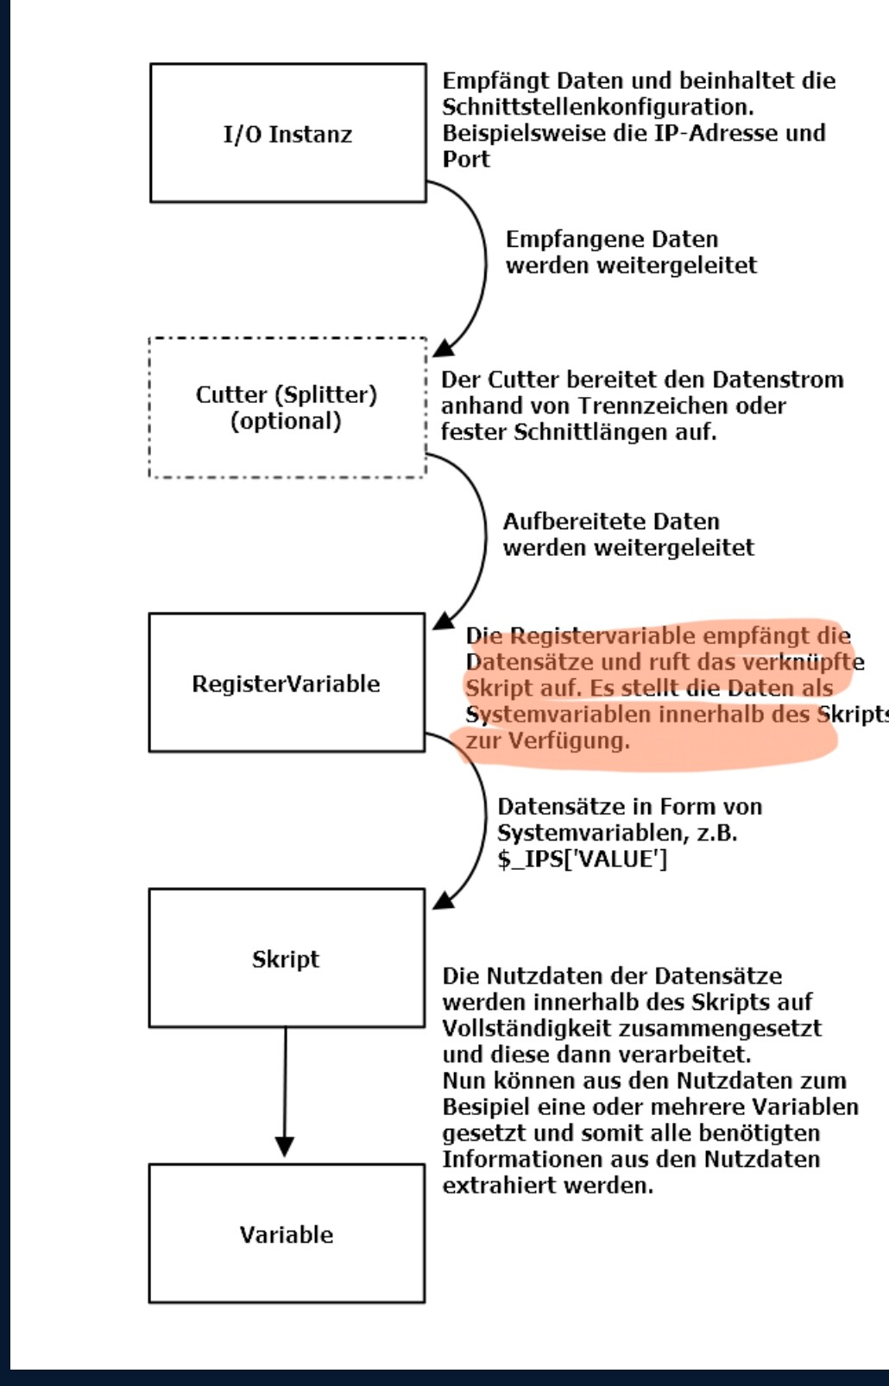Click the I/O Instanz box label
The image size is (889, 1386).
[287, 135]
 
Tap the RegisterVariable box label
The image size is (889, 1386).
[286, 684]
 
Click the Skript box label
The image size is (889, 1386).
[286, 959]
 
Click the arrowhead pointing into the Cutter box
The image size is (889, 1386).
[443, 348]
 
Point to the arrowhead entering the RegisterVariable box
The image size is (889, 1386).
[443, 621]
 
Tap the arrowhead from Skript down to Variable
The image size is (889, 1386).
[285, 1147]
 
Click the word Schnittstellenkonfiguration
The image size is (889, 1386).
[597, 107]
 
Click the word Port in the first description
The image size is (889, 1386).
[466, 159]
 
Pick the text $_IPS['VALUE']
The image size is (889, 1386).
[582, 859]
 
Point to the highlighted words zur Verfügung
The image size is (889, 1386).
[547, 740]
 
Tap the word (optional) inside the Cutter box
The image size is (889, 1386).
[286, 421]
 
